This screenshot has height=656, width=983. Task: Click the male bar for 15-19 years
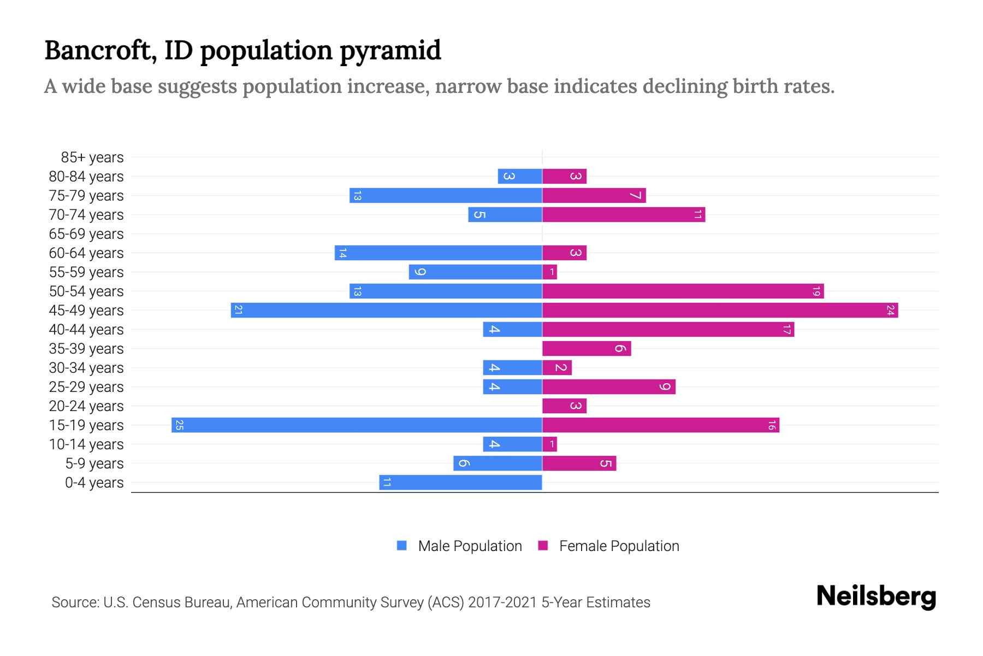[x=357, y=425]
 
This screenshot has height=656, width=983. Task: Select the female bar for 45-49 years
[x=720, y=310]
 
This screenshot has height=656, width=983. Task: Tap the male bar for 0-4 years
[x=460, y=482]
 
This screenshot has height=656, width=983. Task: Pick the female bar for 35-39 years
[x=587, y=348]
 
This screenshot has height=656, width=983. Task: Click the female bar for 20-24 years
[x=564, y=406]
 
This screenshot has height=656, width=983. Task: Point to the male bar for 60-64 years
[x=438, y=253]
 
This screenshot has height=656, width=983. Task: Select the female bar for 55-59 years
[x=549, y=272]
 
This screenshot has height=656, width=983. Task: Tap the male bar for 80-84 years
[x=520, y=176]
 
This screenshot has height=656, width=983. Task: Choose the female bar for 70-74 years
[x=624, y=214]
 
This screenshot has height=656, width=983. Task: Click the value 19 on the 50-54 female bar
[x=816, y=291]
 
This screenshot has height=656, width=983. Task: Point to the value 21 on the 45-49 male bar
[x=238, y=310]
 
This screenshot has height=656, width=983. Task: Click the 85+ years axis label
[x=92, y=157]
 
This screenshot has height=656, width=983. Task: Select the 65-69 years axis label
[x=86, y=234]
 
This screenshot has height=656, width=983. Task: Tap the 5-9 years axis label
[x=94, y=464]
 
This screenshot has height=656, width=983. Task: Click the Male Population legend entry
[x=470, y=546]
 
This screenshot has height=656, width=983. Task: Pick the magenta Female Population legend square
[x=543, y=546]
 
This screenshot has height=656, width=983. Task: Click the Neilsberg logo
[x=876, y=596]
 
